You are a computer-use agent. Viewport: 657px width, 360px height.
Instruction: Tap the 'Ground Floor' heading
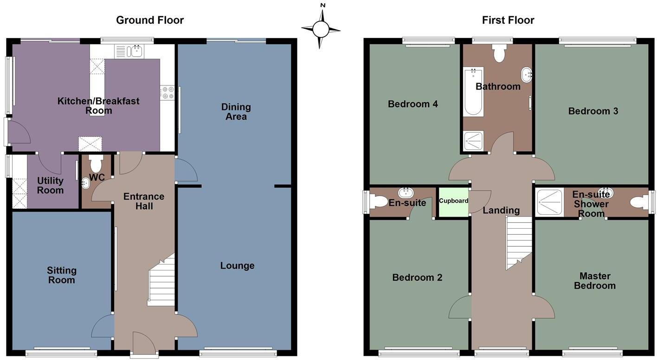click(150, 20)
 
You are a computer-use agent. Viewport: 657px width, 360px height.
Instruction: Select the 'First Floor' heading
click(508, 20)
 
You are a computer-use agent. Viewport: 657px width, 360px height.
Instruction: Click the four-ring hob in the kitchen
click(167, 93)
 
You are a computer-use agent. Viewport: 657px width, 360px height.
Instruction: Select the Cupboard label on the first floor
click(453, 201)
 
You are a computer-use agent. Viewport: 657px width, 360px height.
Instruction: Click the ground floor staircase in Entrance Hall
click(161, 281)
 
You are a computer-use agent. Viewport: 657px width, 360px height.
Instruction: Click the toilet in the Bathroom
click(499, 53)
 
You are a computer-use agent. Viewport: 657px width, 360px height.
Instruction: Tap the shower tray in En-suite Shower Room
click(550, 202)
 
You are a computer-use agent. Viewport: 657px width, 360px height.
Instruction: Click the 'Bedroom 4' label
click(413, 104)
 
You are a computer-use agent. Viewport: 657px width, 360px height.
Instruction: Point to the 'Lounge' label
click(237, 266)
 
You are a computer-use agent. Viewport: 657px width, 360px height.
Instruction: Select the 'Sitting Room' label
click(62, 275)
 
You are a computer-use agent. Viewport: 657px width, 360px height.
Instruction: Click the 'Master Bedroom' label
click(595, 281)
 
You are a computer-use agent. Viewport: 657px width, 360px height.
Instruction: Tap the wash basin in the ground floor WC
click(85, 184)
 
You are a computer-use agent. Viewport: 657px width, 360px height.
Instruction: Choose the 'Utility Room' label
click(51, 186)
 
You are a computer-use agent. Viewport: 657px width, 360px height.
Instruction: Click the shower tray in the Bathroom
click(474, 141)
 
